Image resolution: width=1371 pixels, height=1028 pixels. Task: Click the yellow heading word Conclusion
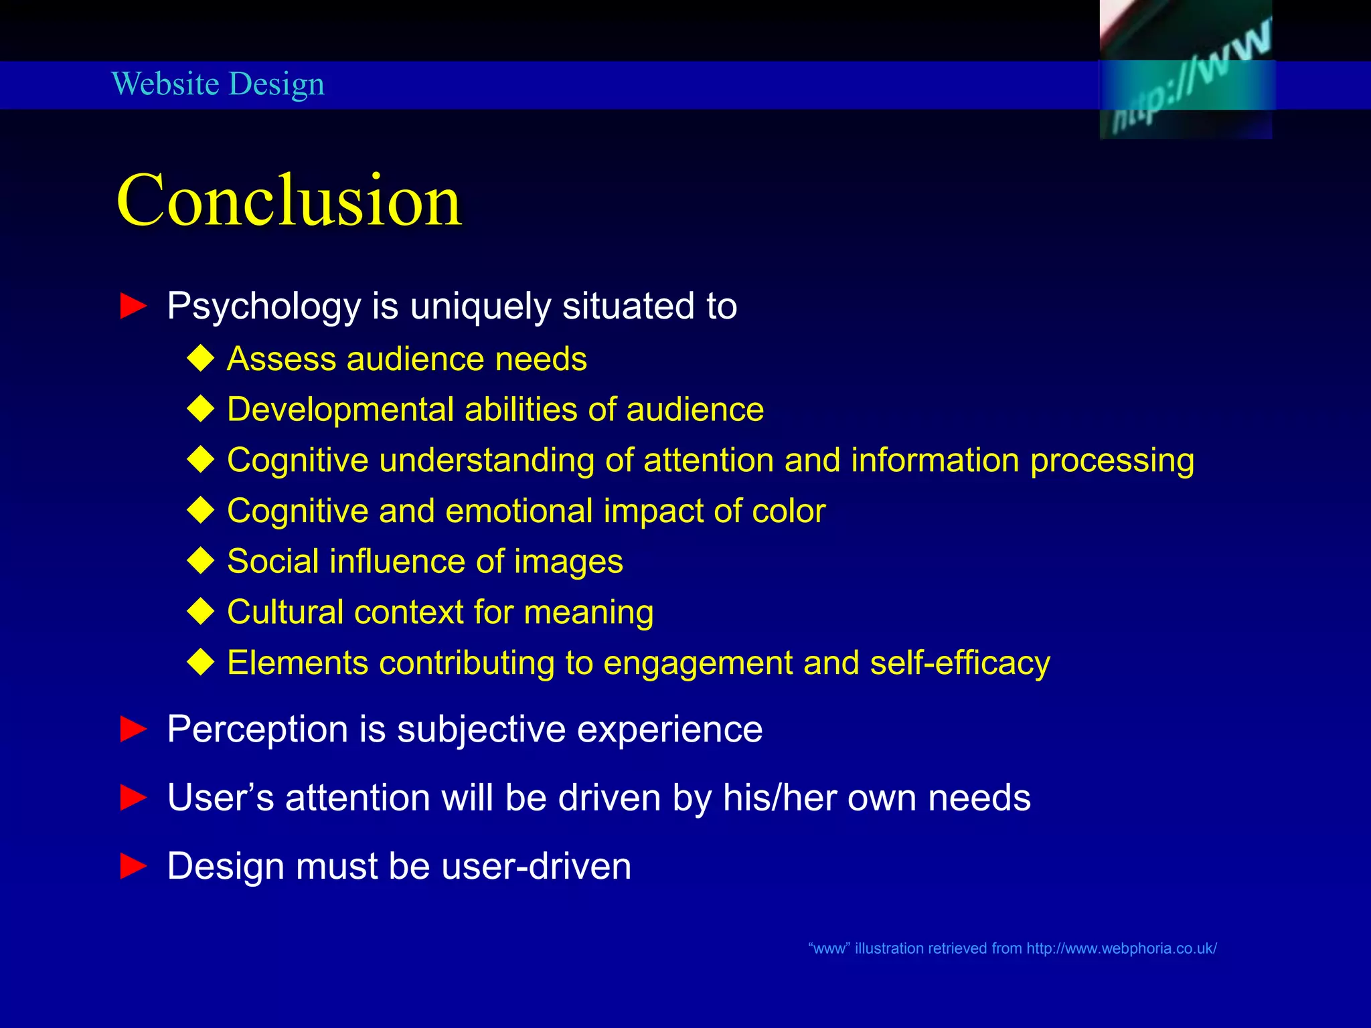pyautogui.click(x=289, y=200)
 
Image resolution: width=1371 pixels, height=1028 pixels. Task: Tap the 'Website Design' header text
pyautogui.click(x=218, y=84)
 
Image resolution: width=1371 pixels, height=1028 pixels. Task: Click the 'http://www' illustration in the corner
pyautogui.click(x=1186, y=70)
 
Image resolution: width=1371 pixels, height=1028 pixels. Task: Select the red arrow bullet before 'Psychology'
pyautogui.click(x=133, y=307)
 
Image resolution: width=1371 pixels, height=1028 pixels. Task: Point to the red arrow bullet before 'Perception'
pyautogui.click(x=133, y=729)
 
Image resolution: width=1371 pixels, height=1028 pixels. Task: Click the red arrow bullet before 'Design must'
pyautogui.click(x=133, y=866)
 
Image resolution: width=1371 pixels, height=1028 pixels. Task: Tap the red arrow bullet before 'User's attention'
pyautogui.click(x=133, y=798)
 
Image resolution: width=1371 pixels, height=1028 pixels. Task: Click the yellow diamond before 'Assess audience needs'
pyautogui.click(x=201, y=359)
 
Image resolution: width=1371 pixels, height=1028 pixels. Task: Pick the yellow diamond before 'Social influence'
pyautogui.click(x=201, y=561)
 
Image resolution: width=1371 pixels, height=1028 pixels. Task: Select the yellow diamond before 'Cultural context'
pyautogui.click(x=201, y=612)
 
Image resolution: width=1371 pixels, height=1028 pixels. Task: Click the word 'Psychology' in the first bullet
pyautogui.click(x=264, y=307)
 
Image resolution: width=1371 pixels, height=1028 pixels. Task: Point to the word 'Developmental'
pyautogui.click(x=340, y=410)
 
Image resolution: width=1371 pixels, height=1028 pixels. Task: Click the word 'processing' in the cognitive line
pyautogui.click(x=1112, y=461)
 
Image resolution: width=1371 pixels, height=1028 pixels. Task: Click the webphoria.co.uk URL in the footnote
pyautogui.click(x=1121, y=948)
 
